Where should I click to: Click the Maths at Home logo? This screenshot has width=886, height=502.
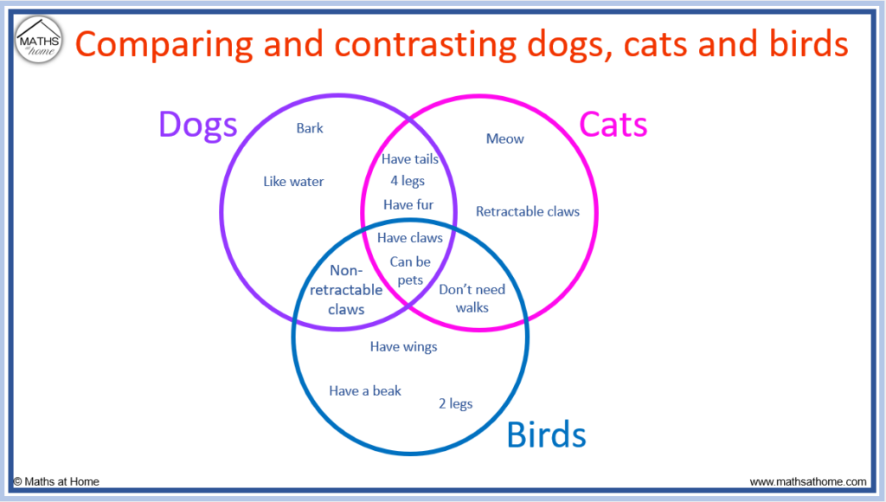pos(38,40)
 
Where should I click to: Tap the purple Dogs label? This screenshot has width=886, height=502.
pos(198,125)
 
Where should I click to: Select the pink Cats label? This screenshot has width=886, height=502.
pos(613,125)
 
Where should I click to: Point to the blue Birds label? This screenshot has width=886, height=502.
pos(547,434)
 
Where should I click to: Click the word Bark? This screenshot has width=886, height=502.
pos(310,128)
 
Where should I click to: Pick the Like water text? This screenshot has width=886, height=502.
pos(293,182)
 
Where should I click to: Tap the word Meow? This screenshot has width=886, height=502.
pos(504,138)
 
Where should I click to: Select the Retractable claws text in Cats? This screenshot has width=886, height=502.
pos(527,211)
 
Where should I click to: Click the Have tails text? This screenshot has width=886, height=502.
pos(409,159)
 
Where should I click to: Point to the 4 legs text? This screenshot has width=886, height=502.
pos(408,181)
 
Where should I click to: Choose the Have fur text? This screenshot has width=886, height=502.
pos(408,204)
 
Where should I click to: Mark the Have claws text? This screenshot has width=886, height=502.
pos(409,238)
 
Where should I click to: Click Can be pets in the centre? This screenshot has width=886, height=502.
pos(410,271)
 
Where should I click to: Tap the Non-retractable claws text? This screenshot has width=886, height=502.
pos(346,290)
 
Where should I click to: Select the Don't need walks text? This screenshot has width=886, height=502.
pos(472,299)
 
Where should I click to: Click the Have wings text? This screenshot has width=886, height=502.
pos(403,346)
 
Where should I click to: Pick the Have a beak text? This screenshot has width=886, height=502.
pos(365,390)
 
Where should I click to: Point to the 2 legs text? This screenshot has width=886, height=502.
pos(455,403)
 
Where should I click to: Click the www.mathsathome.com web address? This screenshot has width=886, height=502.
pos(808,481)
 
